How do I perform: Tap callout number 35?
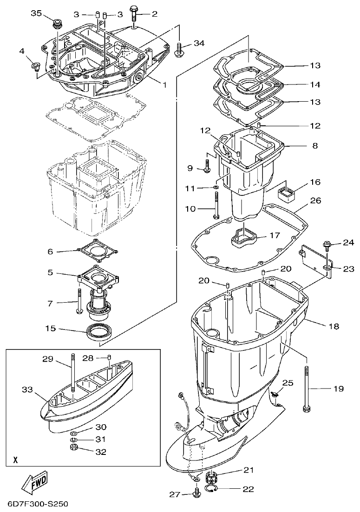tap(37, 13)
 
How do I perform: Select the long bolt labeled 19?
tap(306, 388)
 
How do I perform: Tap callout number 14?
tap(315, 84)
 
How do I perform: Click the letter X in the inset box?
tap(16, 460)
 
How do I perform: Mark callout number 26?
tap(315, 201)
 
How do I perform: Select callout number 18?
tap(334, 326)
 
